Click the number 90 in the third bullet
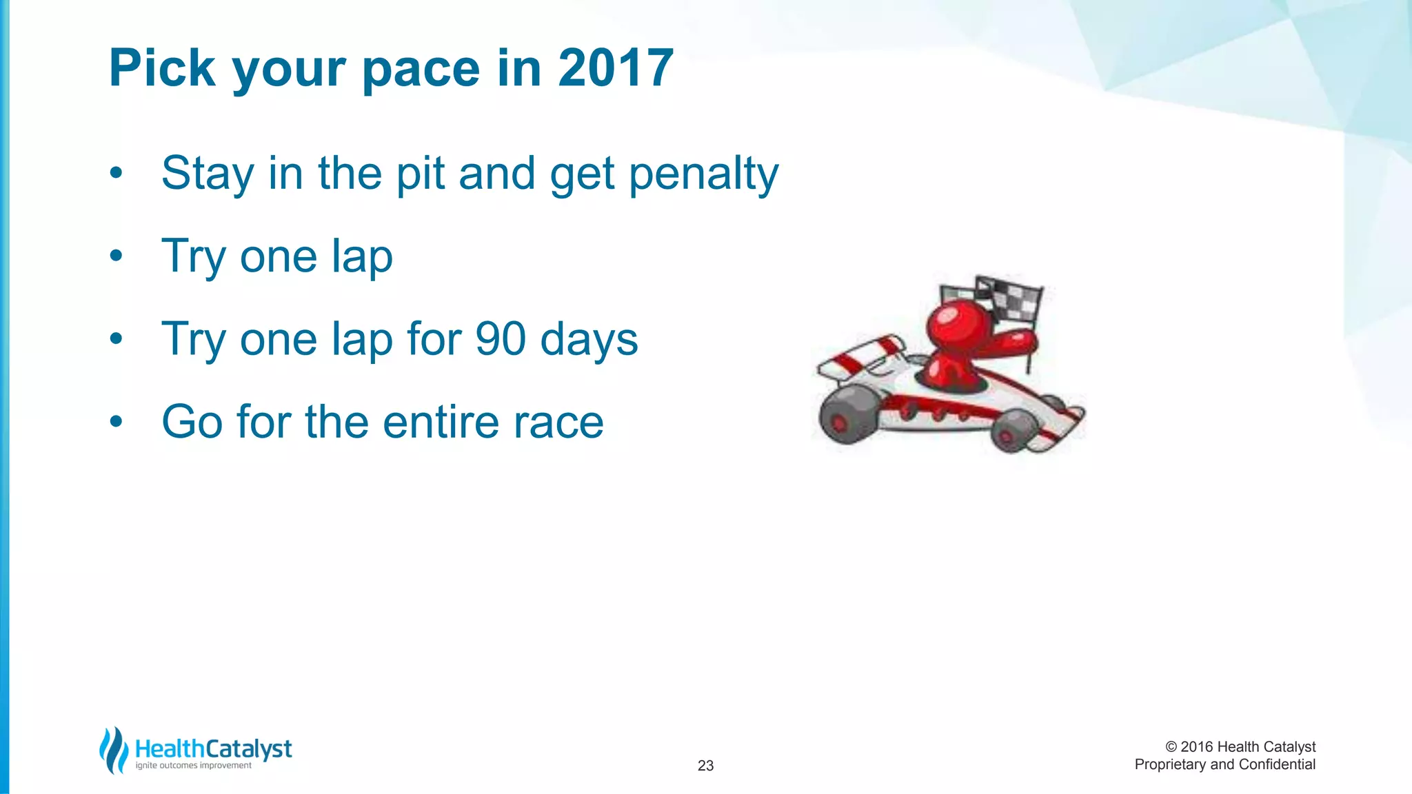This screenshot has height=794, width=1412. coord(501,339)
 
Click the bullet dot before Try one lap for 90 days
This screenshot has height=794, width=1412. coord(116,338)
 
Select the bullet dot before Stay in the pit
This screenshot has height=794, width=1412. coord(116,173)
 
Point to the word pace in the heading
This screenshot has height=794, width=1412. coord(421,69)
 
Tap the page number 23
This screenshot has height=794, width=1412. coord(705,765)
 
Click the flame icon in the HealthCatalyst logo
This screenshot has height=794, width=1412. coord(113,750)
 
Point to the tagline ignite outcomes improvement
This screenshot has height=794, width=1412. coord(193,765)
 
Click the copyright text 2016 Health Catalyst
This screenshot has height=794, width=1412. coord(1240,746)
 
